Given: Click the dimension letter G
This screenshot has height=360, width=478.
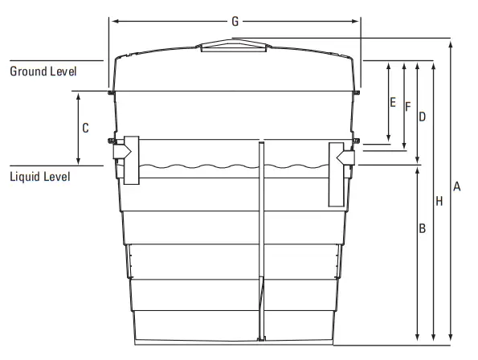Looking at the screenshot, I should click(x=235, y=21).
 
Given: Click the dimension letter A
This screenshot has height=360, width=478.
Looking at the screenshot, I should click(x=456, y=186).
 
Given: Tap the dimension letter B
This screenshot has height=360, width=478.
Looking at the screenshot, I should click(x=421, y=228).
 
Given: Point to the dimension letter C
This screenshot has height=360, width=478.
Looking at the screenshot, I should click(x=85, y=128).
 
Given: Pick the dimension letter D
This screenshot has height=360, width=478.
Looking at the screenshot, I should click(x=422, y=117).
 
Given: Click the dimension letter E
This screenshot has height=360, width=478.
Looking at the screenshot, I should click(x=392, y=102).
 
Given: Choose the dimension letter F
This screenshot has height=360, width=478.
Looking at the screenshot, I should click(x=407, y=106).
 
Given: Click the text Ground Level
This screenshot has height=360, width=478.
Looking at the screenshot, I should click(x=43, y=71).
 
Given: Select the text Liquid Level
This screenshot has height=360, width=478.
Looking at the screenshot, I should click(x=40, y=176).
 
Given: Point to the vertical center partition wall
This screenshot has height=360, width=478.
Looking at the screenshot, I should click(x=261, y=241).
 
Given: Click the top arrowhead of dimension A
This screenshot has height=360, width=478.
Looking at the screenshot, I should click(x=451, y=41).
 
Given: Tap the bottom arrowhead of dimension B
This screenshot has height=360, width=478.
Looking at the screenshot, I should click(x=417, y=338).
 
